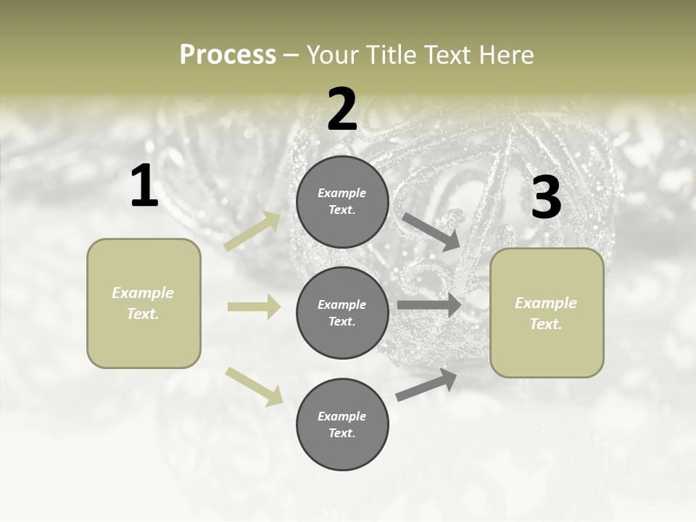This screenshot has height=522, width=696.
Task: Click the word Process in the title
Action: point(228,55)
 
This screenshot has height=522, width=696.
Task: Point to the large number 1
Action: point(144,186)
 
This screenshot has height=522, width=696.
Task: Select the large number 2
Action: point(342,109)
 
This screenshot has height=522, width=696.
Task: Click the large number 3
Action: point(546,198)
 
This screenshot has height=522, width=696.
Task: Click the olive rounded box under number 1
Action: point(144,303)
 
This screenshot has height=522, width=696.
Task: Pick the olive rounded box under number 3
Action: point(547,313)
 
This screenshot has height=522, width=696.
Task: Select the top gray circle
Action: point(342,202)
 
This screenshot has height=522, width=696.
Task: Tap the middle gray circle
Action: point(342,312)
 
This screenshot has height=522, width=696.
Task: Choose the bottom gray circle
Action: point(342,424)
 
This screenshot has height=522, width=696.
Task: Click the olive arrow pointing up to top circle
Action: point(252,231)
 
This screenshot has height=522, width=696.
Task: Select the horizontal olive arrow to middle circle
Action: point(254,307)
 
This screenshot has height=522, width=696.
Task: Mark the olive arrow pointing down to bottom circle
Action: point(254,386)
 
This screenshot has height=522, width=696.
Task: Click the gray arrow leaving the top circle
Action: point(431,231)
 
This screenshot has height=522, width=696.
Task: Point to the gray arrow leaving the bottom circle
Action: point(426,384)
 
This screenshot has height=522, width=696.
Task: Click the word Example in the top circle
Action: point(342,194)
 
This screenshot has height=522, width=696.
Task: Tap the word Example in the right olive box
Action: point(546,303)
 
